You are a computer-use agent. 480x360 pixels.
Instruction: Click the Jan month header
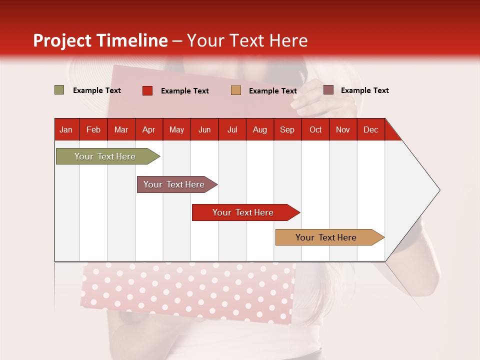tap(66, 129)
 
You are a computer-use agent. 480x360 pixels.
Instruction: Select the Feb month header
tap(93, 129)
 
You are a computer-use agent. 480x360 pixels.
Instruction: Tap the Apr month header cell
tap(148, 129)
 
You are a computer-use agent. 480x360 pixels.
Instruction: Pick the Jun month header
tap(204, 129)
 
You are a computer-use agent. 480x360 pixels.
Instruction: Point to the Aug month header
tap(259, 129)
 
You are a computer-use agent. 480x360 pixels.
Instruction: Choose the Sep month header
tap(287, 129)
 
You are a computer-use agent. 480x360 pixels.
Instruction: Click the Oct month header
tap(315, 129)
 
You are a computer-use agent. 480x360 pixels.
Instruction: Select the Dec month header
tap(370, 129)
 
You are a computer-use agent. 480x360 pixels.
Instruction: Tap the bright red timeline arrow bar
tap(243, 212)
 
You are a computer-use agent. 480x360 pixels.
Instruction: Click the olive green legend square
tap(59, 90)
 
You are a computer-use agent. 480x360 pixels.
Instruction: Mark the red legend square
tap(147, 90)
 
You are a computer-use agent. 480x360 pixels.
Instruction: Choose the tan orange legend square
tap(236, 90)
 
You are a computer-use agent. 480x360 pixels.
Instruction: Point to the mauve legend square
tap(328, 90)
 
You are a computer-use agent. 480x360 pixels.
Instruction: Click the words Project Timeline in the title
tap(100, 40)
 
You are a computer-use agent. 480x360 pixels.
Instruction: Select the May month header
tap(176, 129)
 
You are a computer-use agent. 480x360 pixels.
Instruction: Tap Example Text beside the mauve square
tap(364, 90)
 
